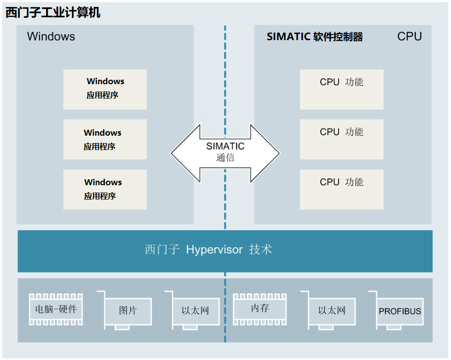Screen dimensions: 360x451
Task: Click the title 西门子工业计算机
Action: coord(53,12)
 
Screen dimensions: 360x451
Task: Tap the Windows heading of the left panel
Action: coord(51,37)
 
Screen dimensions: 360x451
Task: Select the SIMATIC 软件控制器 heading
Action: coord(315,37)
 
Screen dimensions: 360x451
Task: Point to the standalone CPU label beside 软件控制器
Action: coord(409,37)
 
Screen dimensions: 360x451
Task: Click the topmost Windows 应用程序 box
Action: coord(105,89)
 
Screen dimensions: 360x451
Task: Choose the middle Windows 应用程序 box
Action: coord(105,140)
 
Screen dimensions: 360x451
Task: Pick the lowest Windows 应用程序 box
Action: coord(105,190)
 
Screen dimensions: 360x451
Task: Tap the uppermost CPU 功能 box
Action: coord(342,89)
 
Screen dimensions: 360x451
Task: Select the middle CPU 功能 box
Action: coord(342,140)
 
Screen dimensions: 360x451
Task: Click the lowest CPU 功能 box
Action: coord(342,190)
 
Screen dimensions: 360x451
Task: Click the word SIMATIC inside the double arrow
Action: coord(225,147)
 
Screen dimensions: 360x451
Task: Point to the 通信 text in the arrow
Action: coord(225,158)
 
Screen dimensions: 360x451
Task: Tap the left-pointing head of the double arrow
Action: coord(183,153)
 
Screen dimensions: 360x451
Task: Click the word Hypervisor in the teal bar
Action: coord(214,250)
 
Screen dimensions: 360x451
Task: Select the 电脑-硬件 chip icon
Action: coord(56,310)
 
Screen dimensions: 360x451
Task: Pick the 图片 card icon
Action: coord(128,311)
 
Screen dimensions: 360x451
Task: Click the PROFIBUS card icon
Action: coord(400,311)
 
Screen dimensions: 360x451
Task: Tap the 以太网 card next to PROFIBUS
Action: coord(331,311)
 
